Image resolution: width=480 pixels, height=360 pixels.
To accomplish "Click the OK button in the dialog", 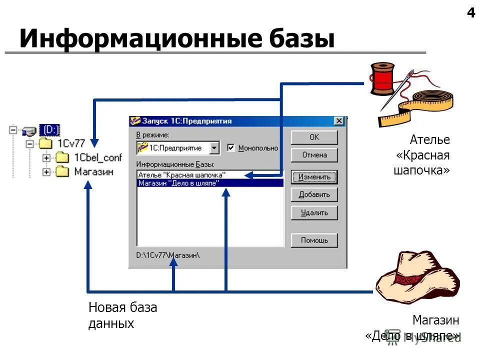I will pyautogui.click(x=314, y=137).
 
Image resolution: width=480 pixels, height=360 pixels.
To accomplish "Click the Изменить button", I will pyautogui.click(x=314, y=177).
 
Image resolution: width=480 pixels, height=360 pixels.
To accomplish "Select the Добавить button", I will pyautogui.click(x=314, y=194).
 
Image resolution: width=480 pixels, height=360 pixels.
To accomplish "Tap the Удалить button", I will pyautogui.click(x=314, y=212).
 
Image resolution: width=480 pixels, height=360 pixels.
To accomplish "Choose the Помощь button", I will pyautogui.click(x=314, y=240).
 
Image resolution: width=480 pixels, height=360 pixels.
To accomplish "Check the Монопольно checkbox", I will pyautogui.click(x=230, y=148).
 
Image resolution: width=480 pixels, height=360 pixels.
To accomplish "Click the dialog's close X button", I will pyautogui.click(x=339, y=121).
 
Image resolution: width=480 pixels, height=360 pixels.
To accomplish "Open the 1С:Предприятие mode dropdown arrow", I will pyautogui.click(x=214, y=148).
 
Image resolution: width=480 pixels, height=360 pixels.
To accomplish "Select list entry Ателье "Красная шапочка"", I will pyautogui.click(x=182, y=175).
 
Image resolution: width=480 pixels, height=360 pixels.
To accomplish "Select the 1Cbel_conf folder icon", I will pyautogui.click(x=62, y=157).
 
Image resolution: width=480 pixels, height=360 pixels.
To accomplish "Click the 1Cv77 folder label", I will pyautogui.click(x=71, y=143).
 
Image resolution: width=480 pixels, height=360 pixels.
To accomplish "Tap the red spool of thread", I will pyautogui.click(x=382, y=78).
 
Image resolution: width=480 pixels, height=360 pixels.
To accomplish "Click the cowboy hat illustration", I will pyautogui.click(x=417, y=277).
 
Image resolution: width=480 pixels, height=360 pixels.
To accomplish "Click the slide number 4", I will pyautogui.click(x=471, y=13).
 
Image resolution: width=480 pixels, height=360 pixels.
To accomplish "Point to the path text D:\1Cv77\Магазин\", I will pyautogui.click(x=167, y=255).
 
